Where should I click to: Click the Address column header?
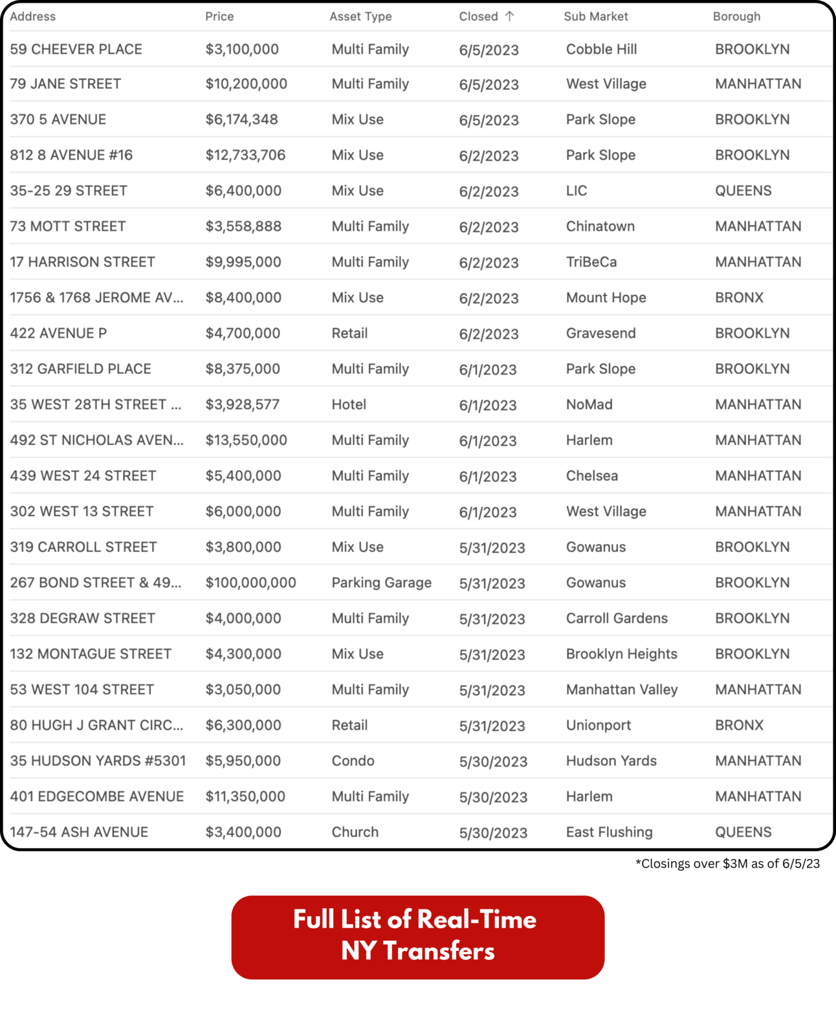(x=33, y=17)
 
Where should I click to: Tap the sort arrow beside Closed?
(x=510, y=17)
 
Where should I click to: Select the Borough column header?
(x=736, y=17)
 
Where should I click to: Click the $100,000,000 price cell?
(x=250, y=583)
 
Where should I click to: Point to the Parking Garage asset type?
(x=381, y=583)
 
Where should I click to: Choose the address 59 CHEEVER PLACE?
(x=76, y=49)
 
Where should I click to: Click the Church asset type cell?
(x=355, y=832)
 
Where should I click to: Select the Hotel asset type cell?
(x=349, y=405)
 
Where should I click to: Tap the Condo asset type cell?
(x=353, y=761)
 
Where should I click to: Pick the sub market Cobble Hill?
(x=601, y=49)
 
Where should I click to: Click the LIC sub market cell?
(x=577, y=191)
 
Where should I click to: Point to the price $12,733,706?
(x=245, y=155)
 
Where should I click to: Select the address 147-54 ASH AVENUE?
(x=79, y=832)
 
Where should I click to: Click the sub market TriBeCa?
(x=591, y=262)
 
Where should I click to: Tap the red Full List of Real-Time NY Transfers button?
(x=417, y=937)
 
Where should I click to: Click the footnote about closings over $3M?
(x=727, y=864)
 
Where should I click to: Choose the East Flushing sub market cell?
(x=609, y=832)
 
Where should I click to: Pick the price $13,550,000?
(x=246, y=440)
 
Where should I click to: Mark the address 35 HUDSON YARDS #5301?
(x=98, y=761)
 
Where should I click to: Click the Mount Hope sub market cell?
(x=606, y=298)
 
